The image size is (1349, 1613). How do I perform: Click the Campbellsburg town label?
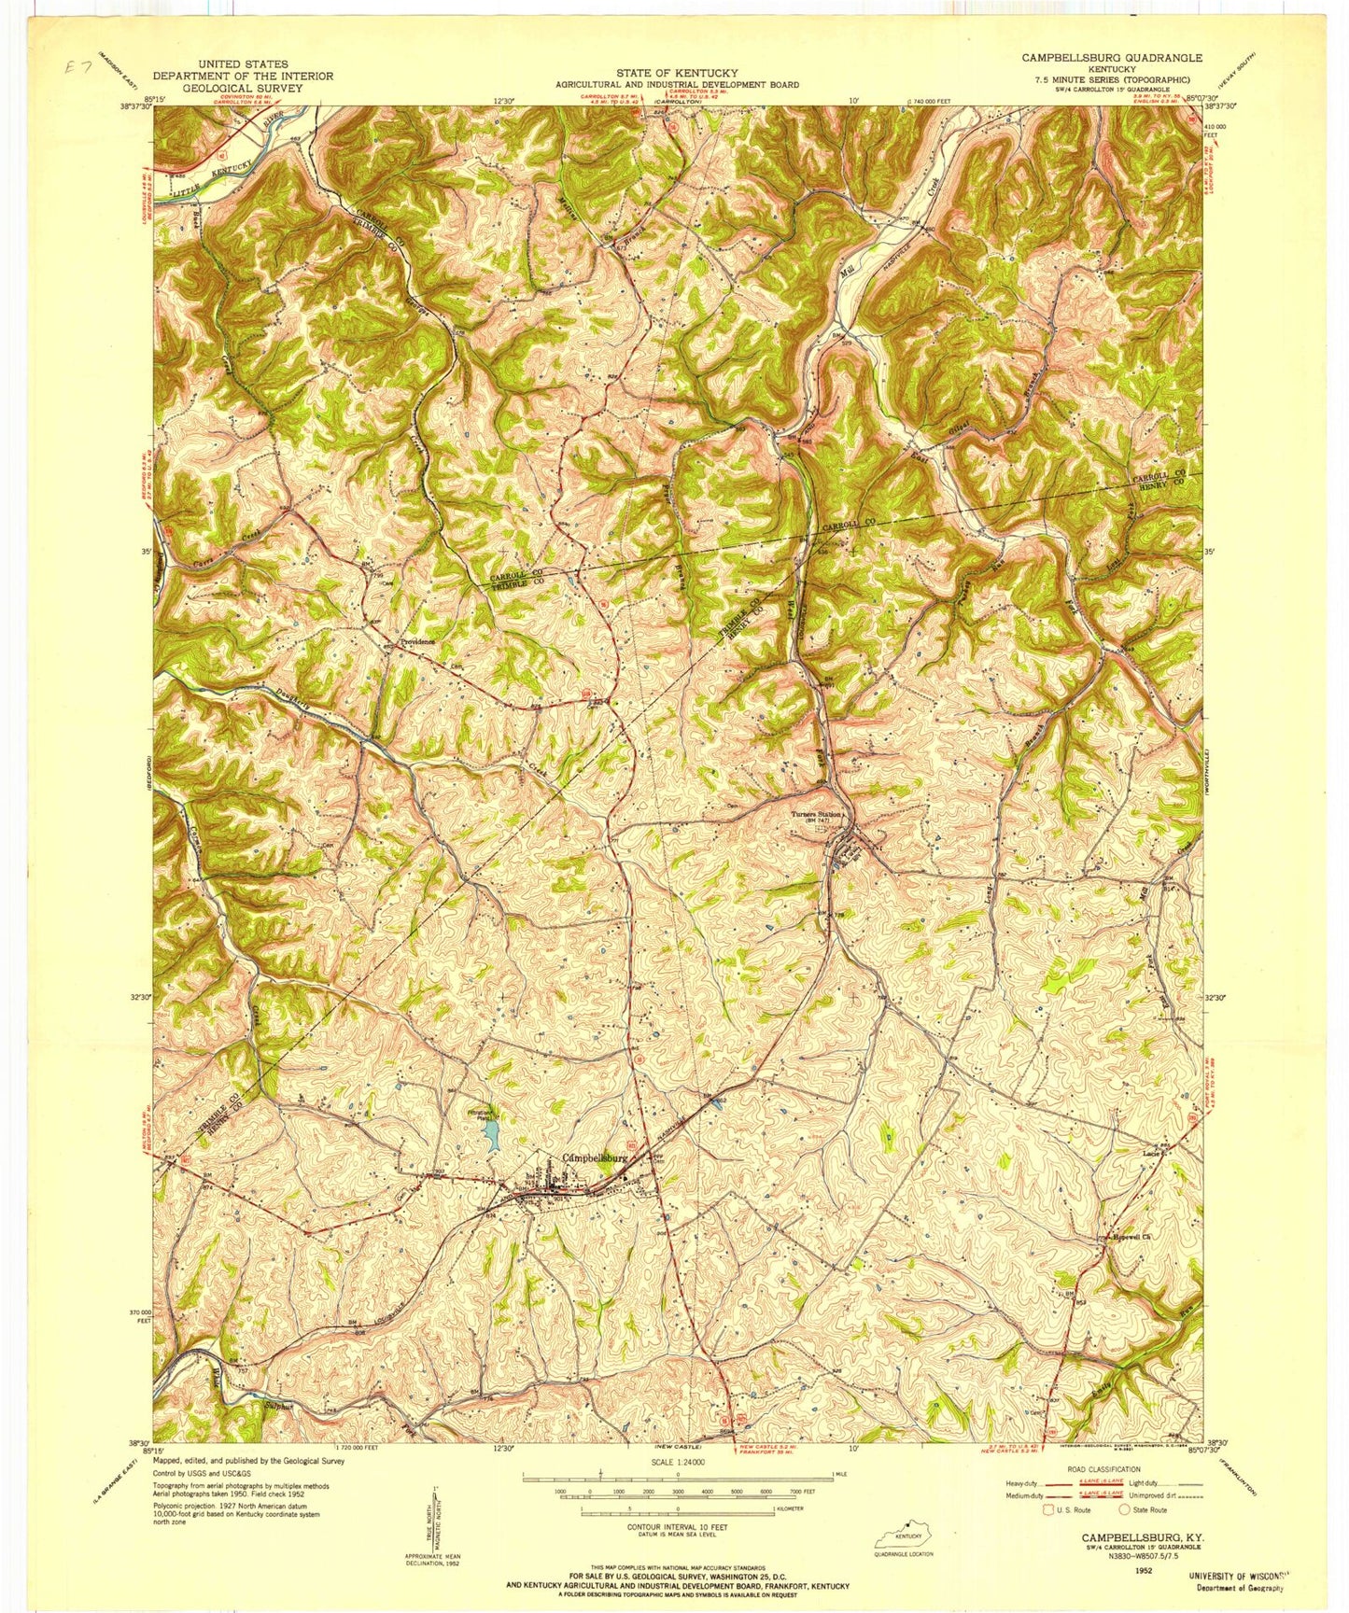[597, 1157]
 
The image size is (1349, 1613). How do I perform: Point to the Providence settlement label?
[418, 642]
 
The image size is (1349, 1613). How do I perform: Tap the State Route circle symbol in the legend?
[1125, 1508]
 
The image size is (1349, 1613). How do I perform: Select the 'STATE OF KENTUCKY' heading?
[677, 73]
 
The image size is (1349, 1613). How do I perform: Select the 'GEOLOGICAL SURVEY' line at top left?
[243, 88]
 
